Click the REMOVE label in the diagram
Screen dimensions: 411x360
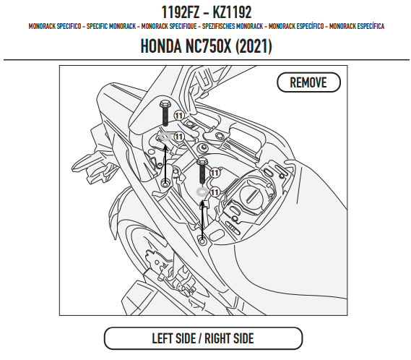click(x=308, y=82)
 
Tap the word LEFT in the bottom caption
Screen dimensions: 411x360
click(x=163, y=338)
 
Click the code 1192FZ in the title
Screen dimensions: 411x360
click(x=181, y=12)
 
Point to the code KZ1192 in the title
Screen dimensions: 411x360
click(x=232, y=12)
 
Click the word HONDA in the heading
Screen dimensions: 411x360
click(x=161, y=46)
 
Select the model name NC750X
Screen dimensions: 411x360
click(x=208, y=46)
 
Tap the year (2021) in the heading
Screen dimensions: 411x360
click(x=254, y=46)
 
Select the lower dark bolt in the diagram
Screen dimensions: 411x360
click(x=203, y=171)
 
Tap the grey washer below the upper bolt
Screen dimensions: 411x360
click(x=165, y=137)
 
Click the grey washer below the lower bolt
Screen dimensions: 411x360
click(x=202, y=192)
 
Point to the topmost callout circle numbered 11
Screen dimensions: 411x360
click(x=179, y=116)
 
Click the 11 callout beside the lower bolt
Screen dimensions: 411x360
click(x=215, y=173)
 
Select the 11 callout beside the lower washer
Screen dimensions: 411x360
click(x=215, y=192)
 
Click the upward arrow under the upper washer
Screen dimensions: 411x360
click(x=165, y=163)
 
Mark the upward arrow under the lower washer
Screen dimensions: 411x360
click(x=202, y=220)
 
